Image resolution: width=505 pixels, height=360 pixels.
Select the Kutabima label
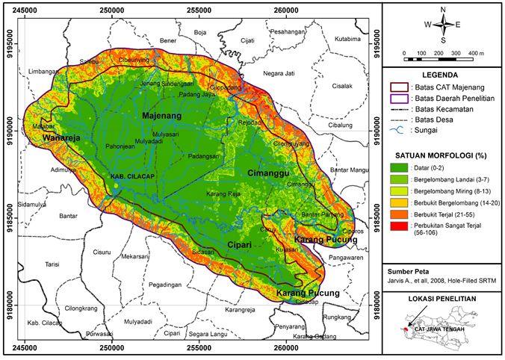348,38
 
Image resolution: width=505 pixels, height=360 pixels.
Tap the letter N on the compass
443,10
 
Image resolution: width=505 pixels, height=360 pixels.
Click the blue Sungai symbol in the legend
400,130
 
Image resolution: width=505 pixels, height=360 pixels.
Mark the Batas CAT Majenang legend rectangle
400,86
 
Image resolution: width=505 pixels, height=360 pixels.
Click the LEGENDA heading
444,75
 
